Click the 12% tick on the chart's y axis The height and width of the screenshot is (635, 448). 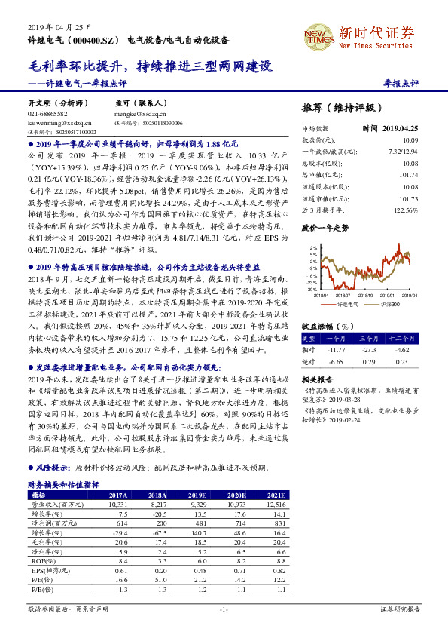[312, 247]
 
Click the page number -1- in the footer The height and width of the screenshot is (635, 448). [224, 609]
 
